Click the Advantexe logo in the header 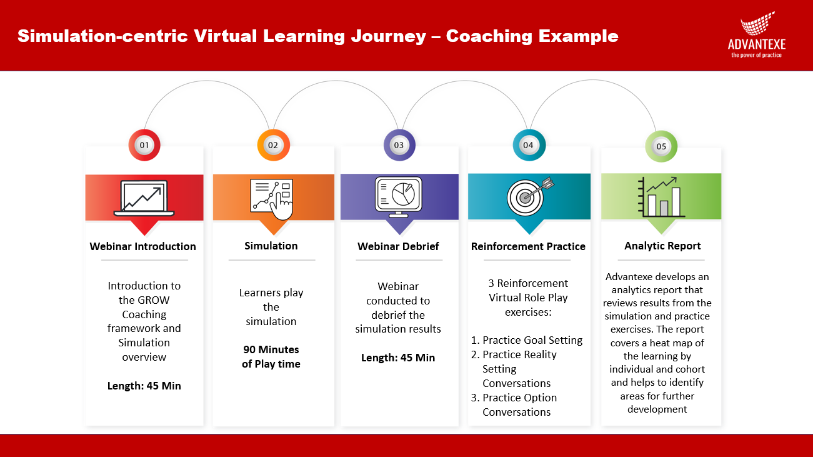(x=757, y=35)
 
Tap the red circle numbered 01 (x=144, y=145)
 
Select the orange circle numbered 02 (x=273, y=145)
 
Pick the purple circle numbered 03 (x=399, y=145)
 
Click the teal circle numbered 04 (x=529, y=145)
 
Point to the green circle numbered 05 (x=661, y=146)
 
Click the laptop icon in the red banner (x=144, y=198)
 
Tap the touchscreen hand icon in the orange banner (x=272, y=199)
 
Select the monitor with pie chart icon (x=399, y=197)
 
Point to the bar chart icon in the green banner (x=661, y=197)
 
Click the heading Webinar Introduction (x=142, y=246)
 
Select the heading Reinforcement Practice (x=528, y=246)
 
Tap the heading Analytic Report (x=662, y=246)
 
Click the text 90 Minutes (x=271, y=349)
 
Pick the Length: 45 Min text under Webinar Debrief (x=398, y=358)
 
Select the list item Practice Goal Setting (x=527, y=340)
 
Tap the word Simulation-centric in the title (x=102, y=36)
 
